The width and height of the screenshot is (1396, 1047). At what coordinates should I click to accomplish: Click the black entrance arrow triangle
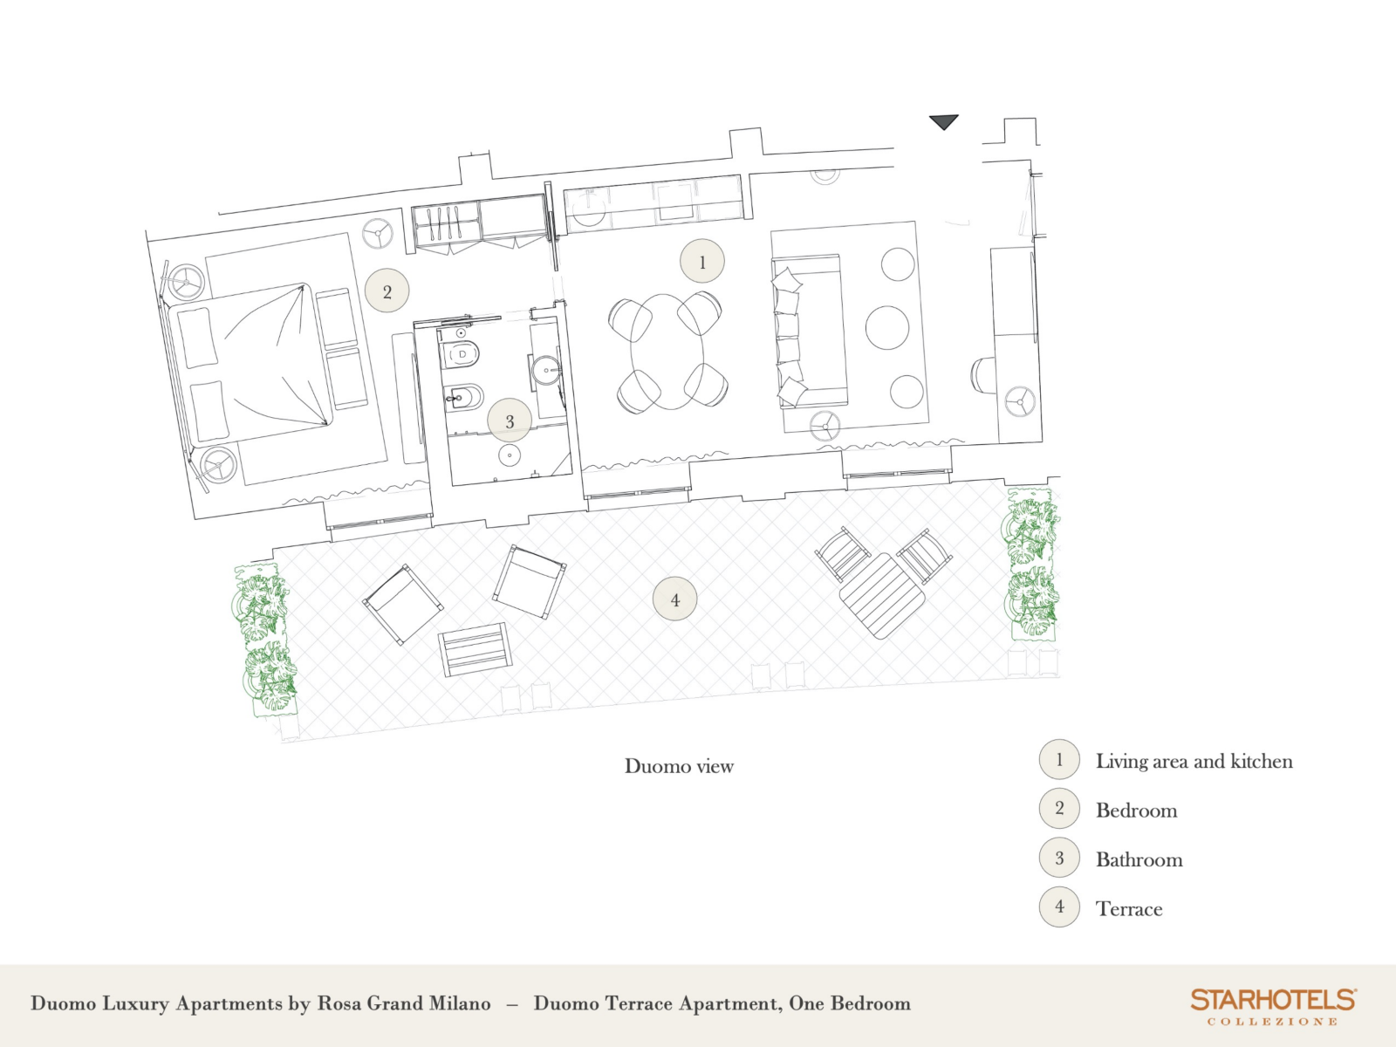click(x=944, y=121)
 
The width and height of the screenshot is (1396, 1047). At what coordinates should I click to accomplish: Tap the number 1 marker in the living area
click(x=702, y=261)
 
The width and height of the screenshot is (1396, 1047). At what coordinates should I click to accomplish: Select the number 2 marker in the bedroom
click(x=387, y=291)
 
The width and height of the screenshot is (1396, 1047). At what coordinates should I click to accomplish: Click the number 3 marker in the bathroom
click(x=510, y=421)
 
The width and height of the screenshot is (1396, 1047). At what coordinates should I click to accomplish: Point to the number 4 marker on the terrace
click(x=674, y=599)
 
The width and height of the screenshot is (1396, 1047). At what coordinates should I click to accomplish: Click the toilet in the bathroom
click(x=461, y=354)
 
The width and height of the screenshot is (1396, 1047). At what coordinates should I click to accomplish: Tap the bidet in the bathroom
click(x=462, y=398)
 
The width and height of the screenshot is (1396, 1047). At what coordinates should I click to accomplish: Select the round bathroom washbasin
click(x=546, y=369)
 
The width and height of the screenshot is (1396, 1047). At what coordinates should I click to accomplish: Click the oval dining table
click(x=667, y=352)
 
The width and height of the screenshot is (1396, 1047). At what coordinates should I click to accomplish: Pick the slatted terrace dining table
click(x=882, y=596)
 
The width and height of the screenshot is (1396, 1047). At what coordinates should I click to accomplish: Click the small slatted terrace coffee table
click(x=476, y=649)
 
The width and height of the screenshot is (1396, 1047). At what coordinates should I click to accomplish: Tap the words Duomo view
click(x=679, y=766)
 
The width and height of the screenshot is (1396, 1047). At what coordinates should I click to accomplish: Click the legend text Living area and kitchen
click(x=1194, y=761)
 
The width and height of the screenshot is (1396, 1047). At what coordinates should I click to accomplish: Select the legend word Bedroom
click(x=1136, y=811)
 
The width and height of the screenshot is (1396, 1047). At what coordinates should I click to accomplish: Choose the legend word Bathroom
click(x=1139, y=859)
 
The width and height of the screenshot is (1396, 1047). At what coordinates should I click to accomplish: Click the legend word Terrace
click(x=1129, y=909)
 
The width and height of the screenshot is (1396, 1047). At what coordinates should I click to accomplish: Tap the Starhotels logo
click(x=1273, y=1006)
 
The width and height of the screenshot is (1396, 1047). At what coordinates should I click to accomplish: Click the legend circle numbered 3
click(x=1059, y=858)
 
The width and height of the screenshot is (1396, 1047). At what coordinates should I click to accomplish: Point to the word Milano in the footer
click(x=459, y=1003)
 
